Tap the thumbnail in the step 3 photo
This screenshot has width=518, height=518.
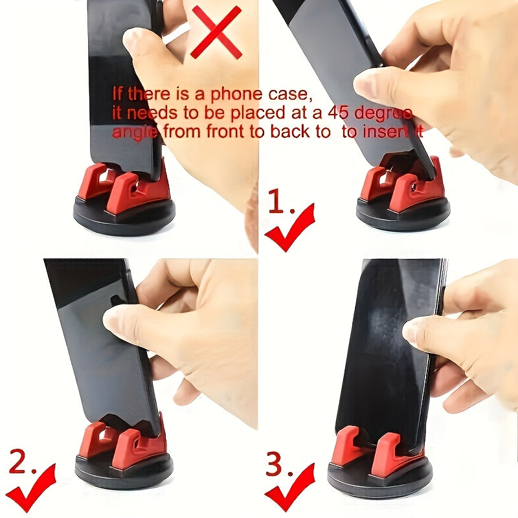tap(414, 331)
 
